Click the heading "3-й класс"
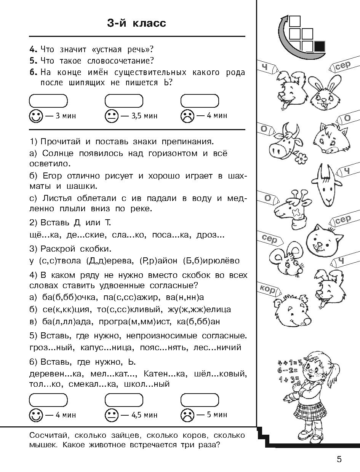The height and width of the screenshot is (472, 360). tap(137, 23)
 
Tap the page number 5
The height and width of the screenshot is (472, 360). tap(339, 459)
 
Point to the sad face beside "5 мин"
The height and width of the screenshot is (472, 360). tap(187, 415)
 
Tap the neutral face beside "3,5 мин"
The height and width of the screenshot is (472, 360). tap(111, 116)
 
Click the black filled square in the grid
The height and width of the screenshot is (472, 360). tap(319, 46)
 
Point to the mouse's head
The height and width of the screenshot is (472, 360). tap(289, 259)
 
